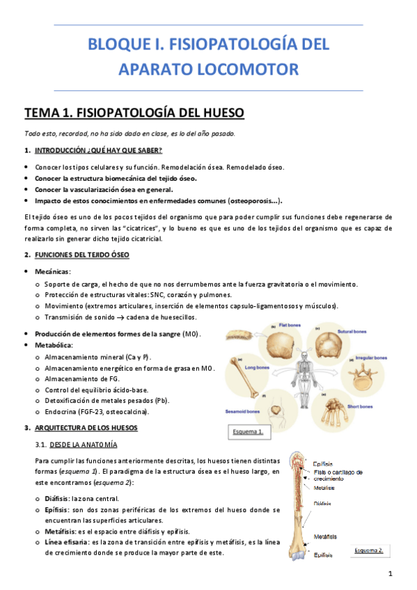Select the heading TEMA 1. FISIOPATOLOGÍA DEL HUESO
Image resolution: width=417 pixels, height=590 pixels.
pyautogui.click(x=134, y=113)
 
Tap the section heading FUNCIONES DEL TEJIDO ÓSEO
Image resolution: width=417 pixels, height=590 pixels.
pyautogui.click(x=81, y=255)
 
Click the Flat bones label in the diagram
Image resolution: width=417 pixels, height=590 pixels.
pyautogui.click(x=289, y=326)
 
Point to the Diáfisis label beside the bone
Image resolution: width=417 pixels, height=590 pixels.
pyautogui.click(x=322, y=502)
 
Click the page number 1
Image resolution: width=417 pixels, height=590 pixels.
pyautogui.click(x=391, y=574)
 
